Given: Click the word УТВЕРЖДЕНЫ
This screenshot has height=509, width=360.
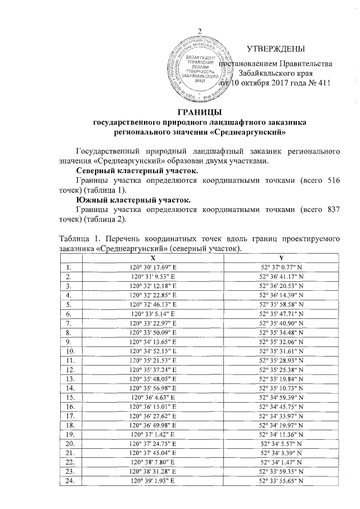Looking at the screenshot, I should point(277,49).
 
